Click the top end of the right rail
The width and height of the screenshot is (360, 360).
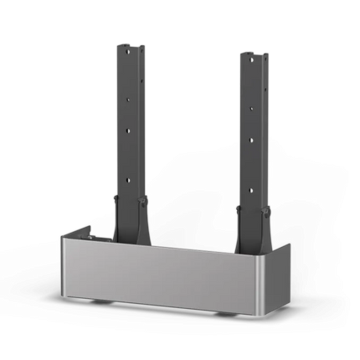252,54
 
